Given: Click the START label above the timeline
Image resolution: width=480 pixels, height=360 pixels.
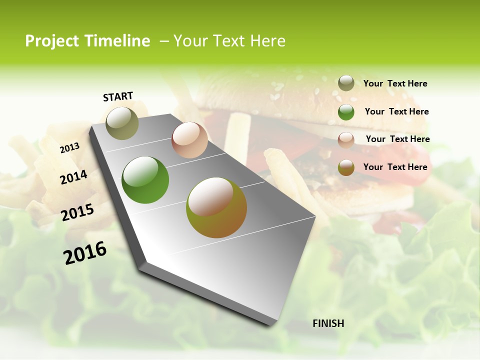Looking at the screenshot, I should coord(118,96).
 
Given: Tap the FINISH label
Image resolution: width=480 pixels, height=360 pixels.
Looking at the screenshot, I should coord(328,323).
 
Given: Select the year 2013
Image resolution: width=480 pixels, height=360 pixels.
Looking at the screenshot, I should coord(70,148).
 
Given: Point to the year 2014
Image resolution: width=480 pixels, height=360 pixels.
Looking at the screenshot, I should coord(74,177).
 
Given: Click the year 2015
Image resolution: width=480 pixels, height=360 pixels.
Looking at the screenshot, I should coord(77,212).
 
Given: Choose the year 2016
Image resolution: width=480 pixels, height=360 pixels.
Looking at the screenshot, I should coord(85,252).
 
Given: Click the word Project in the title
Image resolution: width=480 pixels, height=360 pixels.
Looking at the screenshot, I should coord(52,41).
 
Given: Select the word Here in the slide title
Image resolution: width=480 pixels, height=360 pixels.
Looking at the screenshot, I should coord(267,41).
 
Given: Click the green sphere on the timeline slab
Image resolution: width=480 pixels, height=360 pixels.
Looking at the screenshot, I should coord(145,180).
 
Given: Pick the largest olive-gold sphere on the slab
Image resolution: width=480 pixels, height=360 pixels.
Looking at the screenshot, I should coord(216,207).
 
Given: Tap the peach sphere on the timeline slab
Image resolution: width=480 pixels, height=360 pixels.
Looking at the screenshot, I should coord(189,140).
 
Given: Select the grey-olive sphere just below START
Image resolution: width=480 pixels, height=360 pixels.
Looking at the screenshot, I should coord(122,123).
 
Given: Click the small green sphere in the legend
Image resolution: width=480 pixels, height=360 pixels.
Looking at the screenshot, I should coord(346,112).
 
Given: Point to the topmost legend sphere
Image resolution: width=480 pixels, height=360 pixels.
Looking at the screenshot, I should coord(346,83).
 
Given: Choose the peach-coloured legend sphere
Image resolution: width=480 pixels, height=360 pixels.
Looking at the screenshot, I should coord(346,139).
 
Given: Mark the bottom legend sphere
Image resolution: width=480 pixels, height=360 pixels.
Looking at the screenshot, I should coord(346,167).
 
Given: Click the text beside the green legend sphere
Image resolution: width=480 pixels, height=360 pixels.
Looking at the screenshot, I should coord(396,111).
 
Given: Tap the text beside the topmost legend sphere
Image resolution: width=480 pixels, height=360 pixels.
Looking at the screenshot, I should coord(395,83).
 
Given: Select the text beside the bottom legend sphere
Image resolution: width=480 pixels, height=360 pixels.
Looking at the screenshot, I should coord(395,167).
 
